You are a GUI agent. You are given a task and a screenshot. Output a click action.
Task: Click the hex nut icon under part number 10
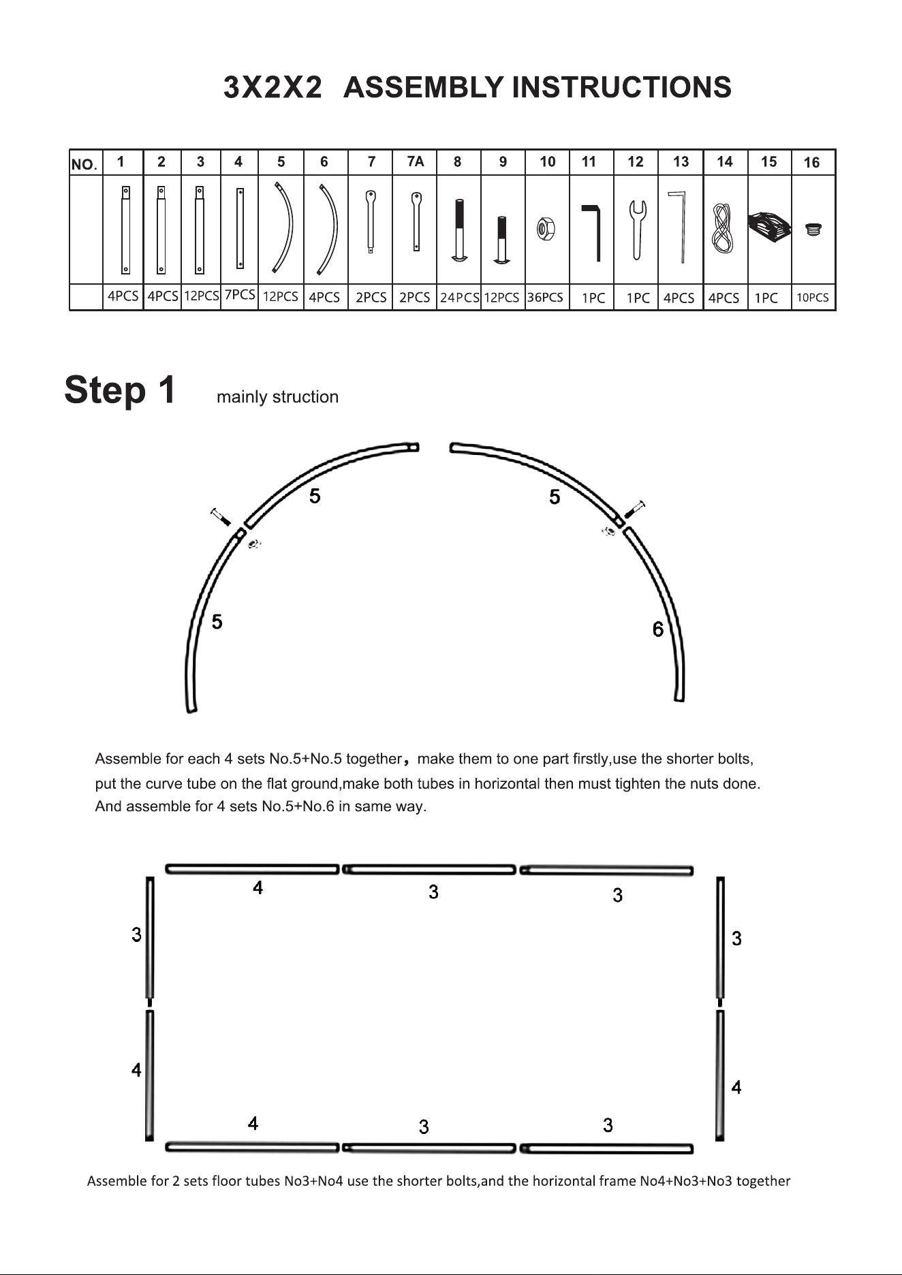546,228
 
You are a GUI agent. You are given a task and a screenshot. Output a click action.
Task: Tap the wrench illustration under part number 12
637,229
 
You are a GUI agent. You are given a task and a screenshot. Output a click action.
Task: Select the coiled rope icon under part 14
722,228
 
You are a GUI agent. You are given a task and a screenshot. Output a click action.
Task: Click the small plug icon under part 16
812,229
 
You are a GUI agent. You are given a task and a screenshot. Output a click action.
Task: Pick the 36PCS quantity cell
546,298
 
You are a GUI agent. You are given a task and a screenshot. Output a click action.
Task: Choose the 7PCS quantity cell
240,295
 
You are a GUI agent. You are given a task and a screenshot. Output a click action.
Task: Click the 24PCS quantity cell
459,298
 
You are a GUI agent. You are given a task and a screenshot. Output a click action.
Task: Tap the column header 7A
415,161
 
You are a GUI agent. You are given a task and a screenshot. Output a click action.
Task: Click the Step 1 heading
120,390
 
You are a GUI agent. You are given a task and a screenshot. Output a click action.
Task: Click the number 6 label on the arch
657,629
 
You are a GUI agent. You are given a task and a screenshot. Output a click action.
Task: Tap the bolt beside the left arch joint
221,517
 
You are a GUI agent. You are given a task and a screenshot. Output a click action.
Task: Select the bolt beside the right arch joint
635,509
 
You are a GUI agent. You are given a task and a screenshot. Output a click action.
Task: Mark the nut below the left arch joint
254,544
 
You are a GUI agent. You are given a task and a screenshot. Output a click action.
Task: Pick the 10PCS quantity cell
813,298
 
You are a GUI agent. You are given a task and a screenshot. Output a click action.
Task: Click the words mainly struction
277,397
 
